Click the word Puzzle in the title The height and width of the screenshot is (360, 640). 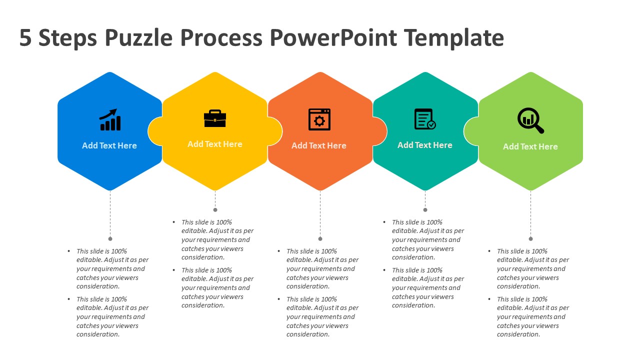click(x=138, y=37)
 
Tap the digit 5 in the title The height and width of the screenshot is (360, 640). click(x=25, y=37)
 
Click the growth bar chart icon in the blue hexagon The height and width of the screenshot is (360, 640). click(x=110, y=119)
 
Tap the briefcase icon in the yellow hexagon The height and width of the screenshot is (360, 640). click(x=215, y=118)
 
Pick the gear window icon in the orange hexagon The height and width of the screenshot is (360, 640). click(x=319, y=119)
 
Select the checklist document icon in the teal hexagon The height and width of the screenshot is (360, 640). click(x=425, y=119)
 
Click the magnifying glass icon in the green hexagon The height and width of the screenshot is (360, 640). click(x=530, y=120)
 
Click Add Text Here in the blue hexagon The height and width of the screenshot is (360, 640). click(x=109, y=145)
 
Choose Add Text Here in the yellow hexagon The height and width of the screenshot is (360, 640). click(x=215, y=144)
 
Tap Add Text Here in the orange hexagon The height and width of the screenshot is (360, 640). click(x=319, y=145)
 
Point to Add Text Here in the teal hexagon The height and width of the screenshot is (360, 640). click(x=425, y=145)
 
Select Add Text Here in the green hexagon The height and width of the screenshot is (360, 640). click(x=530, y=146)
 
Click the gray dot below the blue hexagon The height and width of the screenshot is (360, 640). click(x=110, y=239)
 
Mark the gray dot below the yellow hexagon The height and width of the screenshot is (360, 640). click(x=215, y=210)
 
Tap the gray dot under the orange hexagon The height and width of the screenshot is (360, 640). click(x=320, y=239)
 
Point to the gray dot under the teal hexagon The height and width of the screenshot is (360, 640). click(x=425, y=210)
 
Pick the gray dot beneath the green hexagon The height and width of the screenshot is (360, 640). click(x=530, y=239)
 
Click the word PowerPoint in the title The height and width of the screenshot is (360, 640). click(x=333, y=37)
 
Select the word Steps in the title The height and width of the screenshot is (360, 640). click(x=67, y=38)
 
